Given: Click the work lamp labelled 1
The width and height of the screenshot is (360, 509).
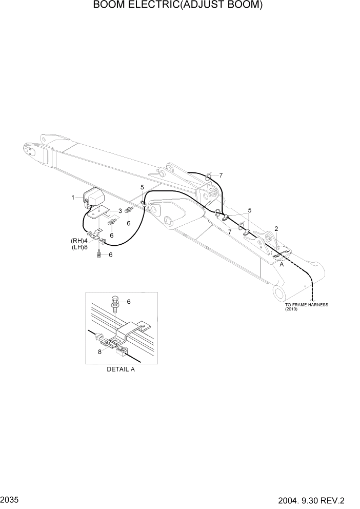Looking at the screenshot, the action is (x=93, y=198).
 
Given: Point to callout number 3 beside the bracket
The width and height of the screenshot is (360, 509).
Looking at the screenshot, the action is (x=120, y=210).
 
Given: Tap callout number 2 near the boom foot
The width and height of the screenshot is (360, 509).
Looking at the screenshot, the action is (x=276, y=228).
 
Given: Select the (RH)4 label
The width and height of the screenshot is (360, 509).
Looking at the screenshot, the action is (x=79, y=240).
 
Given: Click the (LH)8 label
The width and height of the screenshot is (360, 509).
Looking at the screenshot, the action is (x=79, y=247).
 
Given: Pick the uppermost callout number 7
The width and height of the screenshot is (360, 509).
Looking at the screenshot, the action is (x=221, y=175).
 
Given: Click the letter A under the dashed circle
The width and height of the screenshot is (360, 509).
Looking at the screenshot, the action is (x=281, y=266).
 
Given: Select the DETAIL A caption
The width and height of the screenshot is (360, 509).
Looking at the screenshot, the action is (x=121, y=369).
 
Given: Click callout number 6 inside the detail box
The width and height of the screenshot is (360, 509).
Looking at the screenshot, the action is (x=129, y=302).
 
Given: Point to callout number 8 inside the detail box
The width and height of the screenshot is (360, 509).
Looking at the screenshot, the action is (x=101, y=351).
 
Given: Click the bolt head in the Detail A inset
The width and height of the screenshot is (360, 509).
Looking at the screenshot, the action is (x=115, y=300).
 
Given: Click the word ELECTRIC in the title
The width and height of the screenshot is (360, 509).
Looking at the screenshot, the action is (x=143, y=6).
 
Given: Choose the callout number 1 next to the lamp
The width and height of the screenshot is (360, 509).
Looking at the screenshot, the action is (x=73, y=197).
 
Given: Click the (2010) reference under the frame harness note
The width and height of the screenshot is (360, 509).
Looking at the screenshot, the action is (x=292, y=309).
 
